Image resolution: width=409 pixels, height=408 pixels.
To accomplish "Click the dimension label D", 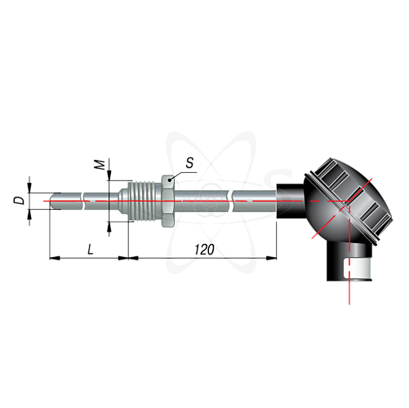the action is coord(19,201).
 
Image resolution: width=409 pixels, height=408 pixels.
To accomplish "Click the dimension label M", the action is coord(100,165).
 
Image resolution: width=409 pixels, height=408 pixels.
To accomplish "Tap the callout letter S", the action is coord(189,162).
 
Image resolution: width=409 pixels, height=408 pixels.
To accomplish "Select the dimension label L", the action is coord(91,249).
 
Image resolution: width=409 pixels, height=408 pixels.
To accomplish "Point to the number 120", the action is coord(204,250).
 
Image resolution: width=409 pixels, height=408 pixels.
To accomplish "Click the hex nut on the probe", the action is coord(168,201).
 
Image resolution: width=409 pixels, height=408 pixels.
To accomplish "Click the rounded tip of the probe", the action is coord(53,201).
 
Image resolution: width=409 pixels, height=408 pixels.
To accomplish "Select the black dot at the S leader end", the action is coord(170,180).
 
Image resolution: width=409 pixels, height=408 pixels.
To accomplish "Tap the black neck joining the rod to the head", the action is coord(290,202).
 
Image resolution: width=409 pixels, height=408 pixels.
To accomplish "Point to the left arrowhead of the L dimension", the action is coord(55,258).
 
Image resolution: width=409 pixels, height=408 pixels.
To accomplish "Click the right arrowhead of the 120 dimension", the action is coord(271,258).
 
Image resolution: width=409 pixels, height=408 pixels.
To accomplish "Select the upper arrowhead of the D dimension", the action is coord(29,188).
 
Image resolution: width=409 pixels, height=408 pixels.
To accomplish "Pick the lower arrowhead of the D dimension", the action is coord(29,214).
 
